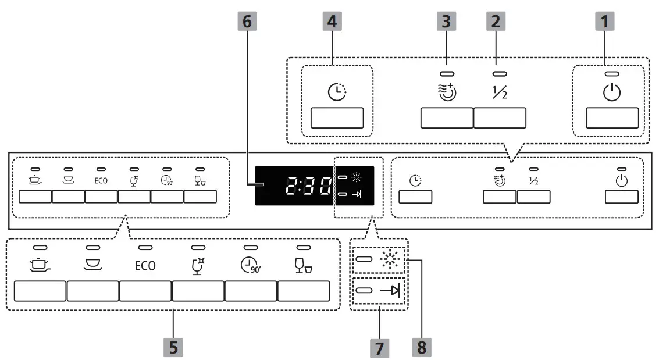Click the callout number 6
pyautogui.click(x=247, y=22)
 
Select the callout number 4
pyautogui.click(x=332, y=22)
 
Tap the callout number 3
pyautogui.click(x=446, y=22)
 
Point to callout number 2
pyautogui.click(x=496, y=22)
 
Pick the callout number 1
pyautogui.click(x=605, y=22)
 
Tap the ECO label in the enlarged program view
pyautogui.click(x=145, y=266)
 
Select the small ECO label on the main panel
pyautogui.click(x=101, y=180)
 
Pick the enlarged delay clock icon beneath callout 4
pyautogui.click(x=337, y=92)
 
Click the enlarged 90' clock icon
pyautogui.click(x=250, y=265)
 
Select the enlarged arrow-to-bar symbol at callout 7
pyautogui.click(x=391, y=290)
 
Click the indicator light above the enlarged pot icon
pyautogui.click(x=40, y=247)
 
